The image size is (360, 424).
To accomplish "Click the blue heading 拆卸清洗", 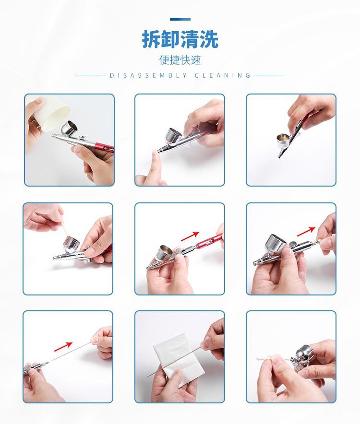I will [180, 39].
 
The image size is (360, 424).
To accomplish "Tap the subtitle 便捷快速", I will [180, 60].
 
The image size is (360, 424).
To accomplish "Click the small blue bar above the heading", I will [180, 20].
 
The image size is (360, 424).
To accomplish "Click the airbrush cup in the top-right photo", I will [284, 140].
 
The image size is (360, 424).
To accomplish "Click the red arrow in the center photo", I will [190, 236].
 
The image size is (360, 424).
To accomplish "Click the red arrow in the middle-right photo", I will [306, 232].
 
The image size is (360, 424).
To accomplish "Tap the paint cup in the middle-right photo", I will [276, 243].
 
